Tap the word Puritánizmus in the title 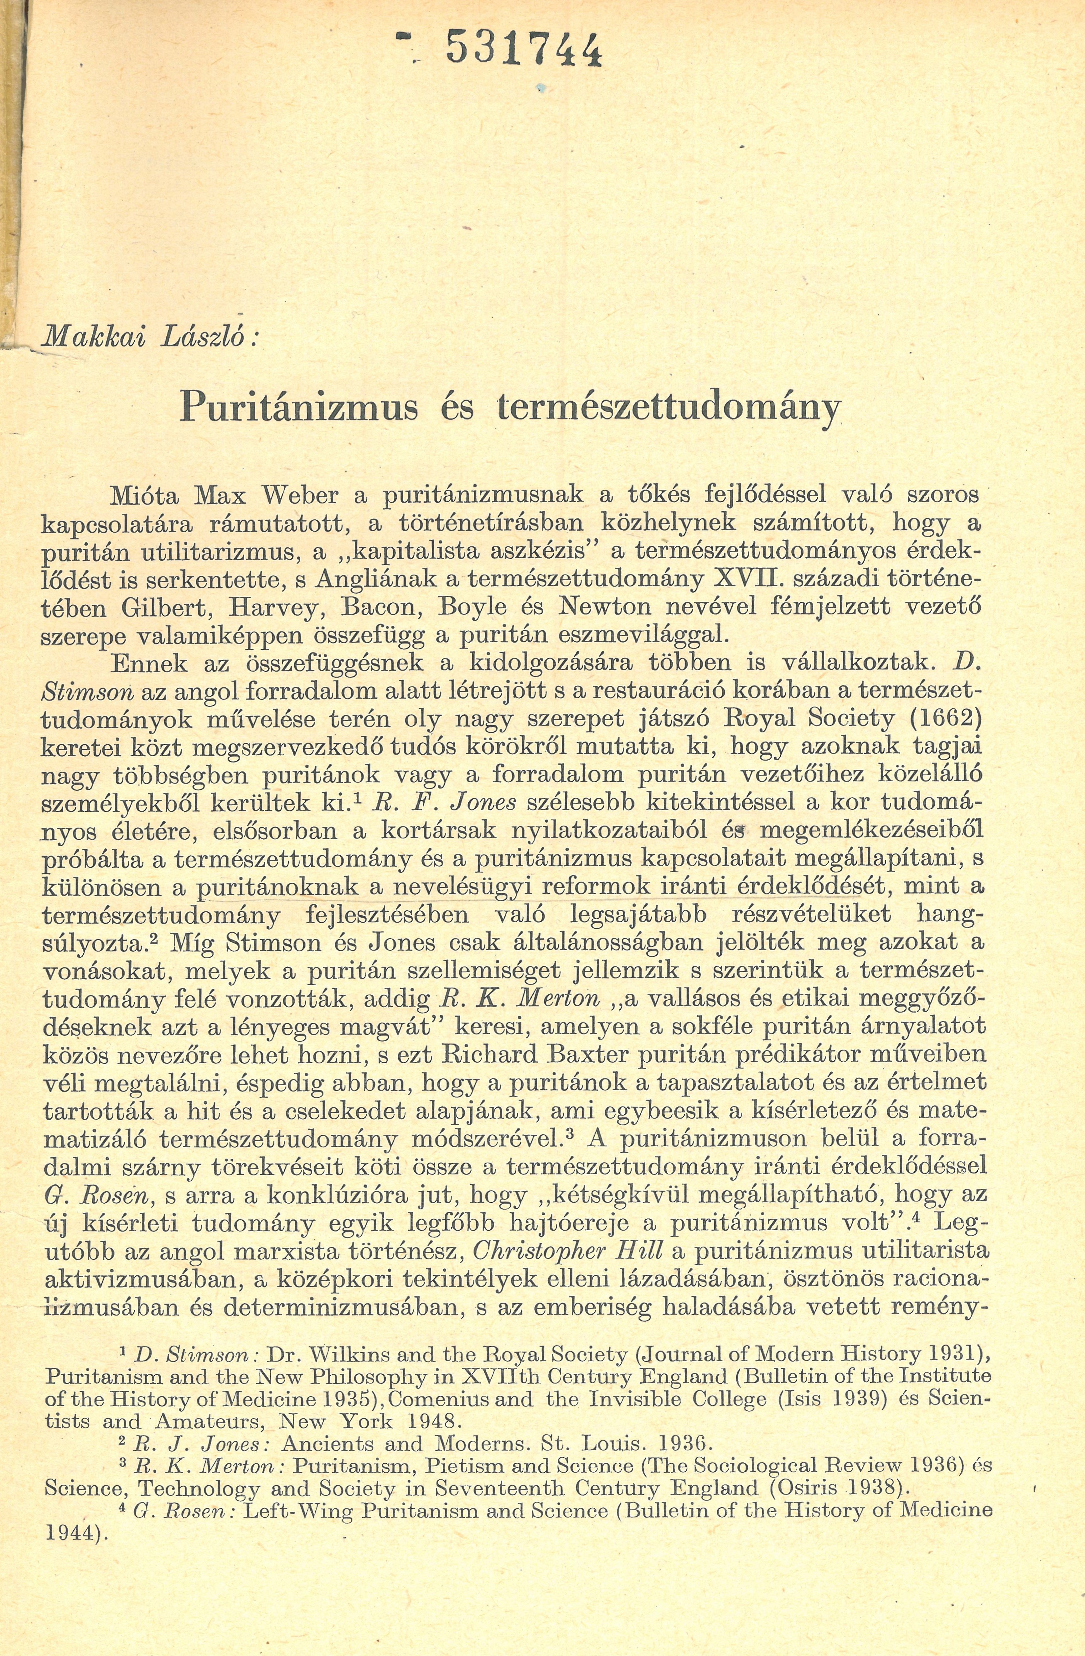[x=299, y=407]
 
